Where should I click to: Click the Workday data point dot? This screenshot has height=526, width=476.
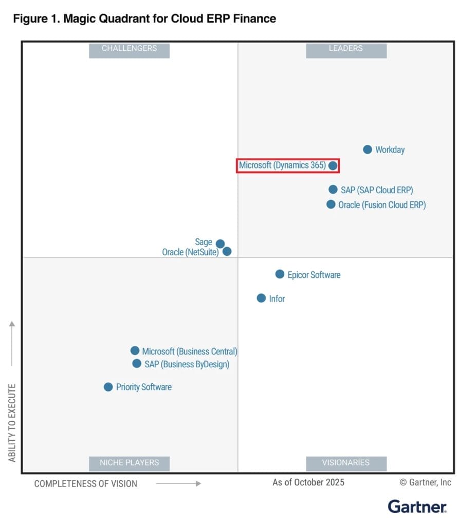pyautogui.click(x=367, y=149)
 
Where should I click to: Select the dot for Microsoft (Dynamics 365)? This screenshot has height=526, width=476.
pyautogui.click(x=333, y=165)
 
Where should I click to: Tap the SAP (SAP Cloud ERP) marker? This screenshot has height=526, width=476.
pyautogui.click(x=333, y=190)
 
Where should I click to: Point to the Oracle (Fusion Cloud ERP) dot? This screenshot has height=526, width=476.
pyautogui.click(x=331, y=204)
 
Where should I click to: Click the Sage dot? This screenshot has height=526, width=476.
pyautogui.click(x=220, y=243)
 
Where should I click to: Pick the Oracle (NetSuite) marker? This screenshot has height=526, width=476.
pyautogui.click(x=227, y=252)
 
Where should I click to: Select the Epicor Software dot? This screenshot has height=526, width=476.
pyautogui.click(x=280, y=274)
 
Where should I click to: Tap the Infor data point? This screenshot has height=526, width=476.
pyautogui.click(x=261, y=298)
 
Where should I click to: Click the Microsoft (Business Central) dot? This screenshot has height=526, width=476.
pyautogui.click(x=135, y=351)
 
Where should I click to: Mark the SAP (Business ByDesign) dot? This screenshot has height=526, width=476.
pyautogui.click(x=137, y=364)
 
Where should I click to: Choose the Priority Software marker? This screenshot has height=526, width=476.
pyautogui.click(x=108, y=387)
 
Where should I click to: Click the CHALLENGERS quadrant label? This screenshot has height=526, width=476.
pyautogui.click(x=129, y=49)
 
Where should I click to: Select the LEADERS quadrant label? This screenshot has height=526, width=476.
pyautogui.click(x=346, y=49)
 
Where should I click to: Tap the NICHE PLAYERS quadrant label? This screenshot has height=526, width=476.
pyautogui.click(x=129, y=462)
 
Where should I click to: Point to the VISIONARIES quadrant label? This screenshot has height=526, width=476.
pyautogui.click(x=346, y=462)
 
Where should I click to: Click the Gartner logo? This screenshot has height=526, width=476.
pyautogui.click(x=417, y=506)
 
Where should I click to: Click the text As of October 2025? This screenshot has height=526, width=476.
pyautogui.click(x=308, y=482)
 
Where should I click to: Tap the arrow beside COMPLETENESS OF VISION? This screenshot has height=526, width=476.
pyautogui.click(x=178, y=483)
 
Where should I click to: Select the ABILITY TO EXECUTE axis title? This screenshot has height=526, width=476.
pyautogui.click(x=12, y=422)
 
